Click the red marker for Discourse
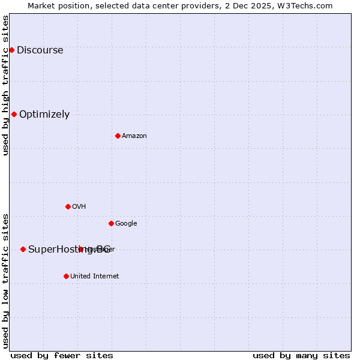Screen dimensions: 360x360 click(x=11, y=50)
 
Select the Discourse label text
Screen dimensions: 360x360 click(x=40, y=50)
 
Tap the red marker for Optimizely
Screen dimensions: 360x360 click(x=14, y=114)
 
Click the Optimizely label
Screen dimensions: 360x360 click(x=44, y=115)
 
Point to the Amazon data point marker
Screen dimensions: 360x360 click(x=118, y=136)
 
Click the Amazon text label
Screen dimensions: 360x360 click(x=134, y=136)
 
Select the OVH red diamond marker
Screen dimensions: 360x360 click(x=68, y=206)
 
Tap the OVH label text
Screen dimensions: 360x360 click(x=79, y=207)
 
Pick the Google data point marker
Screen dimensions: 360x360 click(x=111, y=223)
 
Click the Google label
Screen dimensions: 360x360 click(x=126, y=224)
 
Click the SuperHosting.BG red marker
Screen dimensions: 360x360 click(x=23, y=249)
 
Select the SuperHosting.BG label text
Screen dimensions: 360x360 click(x=54, y=250)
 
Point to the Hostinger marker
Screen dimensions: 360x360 click(x=80, y=249)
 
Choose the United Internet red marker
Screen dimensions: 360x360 click(x=66, y=276)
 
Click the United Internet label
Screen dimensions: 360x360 click(x=94, y=277)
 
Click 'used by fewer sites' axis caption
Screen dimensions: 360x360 click(x=62, y=355)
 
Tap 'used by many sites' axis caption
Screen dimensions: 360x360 click(x=301, y=355)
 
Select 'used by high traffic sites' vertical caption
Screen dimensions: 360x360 click(x=5, y=85)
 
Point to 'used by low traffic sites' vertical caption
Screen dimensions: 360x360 click(x=5, y=281)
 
